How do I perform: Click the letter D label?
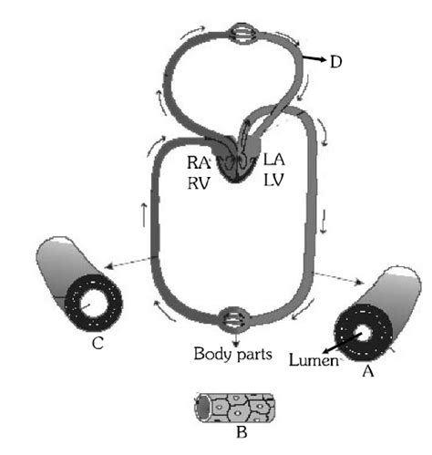point(335,62)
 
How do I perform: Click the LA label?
point(273,160)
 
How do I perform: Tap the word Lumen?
point(312,362)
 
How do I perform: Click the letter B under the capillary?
point(241,432)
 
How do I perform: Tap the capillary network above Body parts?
point(232,321)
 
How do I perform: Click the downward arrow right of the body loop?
point(324,242)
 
